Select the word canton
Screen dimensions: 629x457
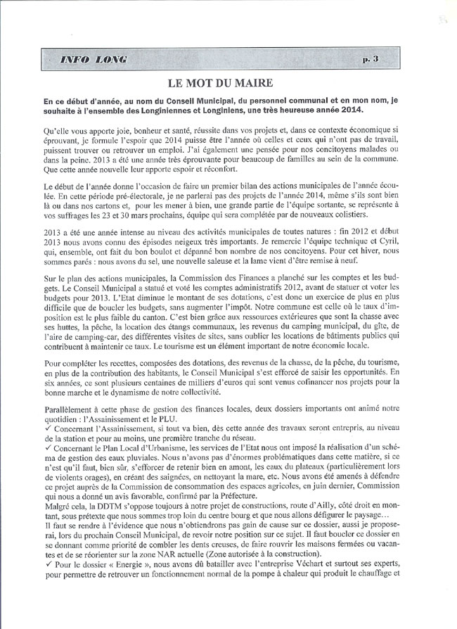(x=184, y=338)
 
